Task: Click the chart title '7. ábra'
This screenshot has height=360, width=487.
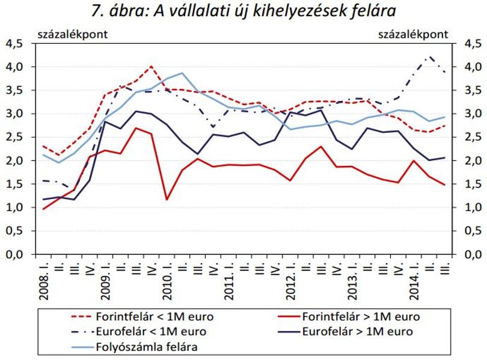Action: click(x=119, y=11)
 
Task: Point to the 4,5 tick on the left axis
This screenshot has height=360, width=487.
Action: click(x=14, y=44)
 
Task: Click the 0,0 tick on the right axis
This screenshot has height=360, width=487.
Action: click(x=473, y=255)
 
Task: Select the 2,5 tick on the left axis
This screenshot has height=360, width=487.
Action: click(x=14, y=138)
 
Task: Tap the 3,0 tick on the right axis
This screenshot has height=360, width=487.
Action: click(x=473, y=114)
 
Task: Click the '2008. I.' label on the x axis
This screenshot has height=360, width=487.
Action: click(x=44, y=280)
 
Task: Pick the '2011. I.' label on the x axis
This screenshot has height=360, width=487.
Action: click(x=229, y=280)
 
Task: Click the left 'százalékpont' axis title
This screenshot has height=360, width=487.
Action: click(x=73, y=34)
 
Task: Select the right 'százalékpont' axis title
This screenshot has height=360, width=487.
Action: click(x=413, y=34)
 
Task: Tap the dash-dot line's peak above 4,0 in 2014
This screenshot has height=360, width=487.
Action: click(x=429, y=56)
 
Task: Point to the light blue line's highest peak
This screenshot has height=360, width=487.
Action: click(x=182, y=73)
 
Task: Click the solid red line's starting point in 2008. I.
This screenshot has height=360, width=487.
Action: click(x=43, y=209)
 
